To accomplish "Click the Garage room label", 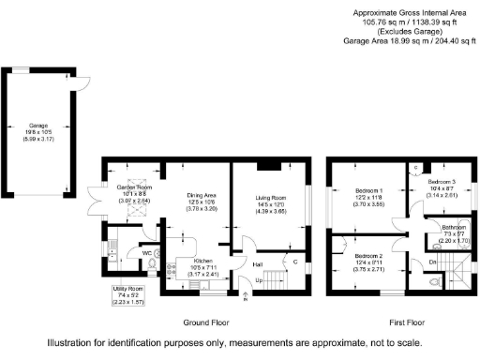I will pyautogui.click(x=37, y=125).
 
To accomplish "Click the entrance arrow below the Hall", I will pyautogui.click(x=247, y=297).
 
